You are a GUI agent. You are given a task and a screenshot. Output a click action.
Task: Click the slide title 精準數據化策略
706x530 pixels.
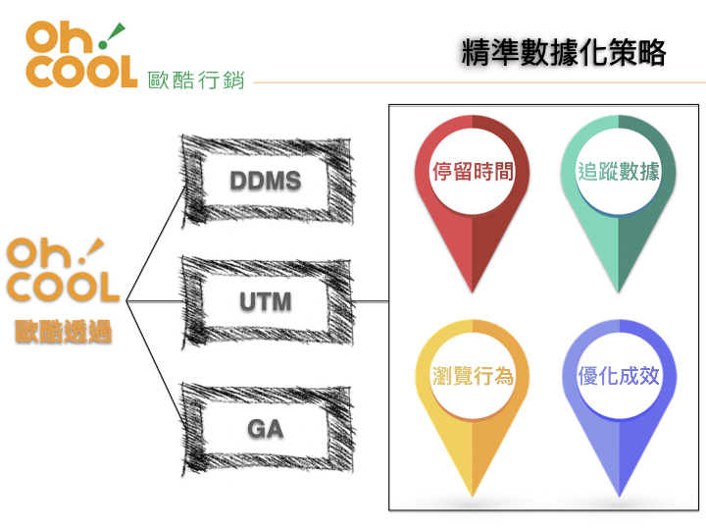[x=563, y=53]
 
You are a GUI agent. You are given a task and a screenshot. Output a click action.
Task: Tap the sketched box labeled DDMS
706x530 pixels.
[x=265, y=182]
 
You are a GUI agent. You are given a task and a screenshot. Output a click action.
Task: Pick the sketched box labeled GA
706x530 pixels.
[x=265, y=428]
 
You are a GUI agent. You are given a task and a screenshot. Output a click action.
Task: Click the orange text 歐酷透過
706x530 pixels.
[x=63, y=333]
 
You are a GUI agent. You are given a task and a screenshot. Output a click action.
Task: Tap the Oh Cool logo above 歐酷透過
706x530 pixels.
[x=63, y=271]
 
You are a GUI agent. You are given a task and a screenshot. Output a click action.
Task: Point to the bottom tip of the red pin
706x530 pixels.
[x=474, y=290]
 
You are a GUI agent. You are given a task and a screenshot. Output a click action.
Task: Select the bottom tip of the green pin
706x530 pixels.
[x=619, y=290]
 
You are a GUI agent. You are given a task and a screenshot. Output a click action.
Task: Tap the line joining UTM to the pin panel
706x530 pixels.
[x=368, y=300]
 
